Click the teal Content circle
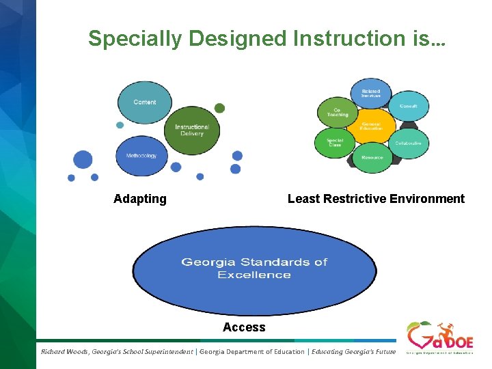point(145,102)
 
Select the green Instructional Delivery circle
point(192,130)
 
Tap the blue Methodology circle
point(141,155)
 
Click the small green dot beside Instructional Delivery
point(219,108)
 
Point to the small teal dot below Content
point(120,125)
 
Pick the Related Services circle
point(371,93)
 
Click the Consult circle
point(409,106)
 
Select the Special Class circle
point(335,143)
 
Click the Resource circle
point(372,158)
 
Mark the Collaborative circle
point(409,143)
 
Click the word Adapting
point(140,199)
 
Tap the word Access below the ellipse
point(244,327)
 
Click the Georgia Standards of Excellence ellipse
point(254,269)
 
